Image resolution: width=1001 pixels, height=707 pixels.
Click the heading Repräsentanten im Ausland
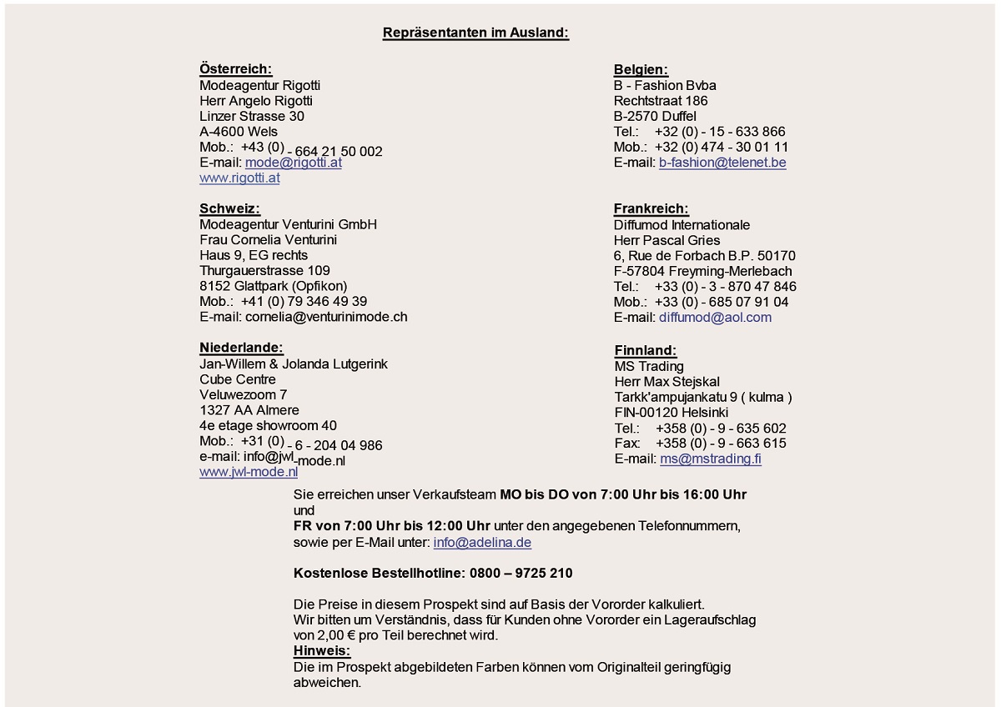475,33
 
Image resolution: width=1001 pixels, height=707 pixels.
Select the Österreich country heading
235,69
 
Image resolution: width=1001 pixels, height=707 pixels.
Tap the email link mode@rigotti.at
293,163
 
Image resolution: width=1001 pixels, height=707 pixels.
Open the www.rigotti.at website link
239,178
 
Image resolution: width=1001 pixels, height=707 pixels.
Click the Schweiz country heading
229,208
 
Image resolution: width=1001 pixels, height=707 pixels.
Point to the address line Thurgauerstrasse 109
264,270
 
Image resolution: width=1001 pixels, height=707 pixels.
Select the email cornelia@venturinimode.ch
325,317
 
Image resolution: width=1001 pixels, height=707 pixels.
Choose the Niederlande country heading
241,348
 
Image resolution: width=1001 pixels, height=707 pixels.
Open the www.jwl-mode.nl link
248,472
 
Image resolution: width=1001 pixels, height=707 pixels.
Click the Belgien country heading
641,70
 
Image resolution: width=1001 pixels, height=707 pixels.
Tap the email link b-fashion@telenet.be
722,163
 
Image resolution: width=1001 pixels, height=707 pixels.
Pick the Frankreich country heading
651,209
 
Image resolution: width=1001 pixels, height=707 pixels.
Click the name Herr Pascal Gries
666,240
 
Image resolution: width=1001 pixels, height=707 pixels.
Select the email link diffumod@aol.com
715,317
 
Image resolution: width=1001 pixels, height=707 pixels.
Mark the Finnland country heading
645,351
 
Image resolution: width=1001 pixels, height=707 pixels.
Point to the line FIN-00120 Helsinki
671,413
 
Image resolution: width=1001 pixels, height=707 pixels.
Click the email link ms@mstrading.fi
710,459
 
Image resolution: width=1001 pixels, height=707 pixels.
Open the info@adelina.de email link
482,543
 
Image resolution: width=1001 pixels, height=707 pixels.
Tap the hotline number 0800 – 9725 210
521,574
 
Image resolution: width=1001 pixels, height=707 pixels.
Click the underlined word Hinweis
322,650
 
